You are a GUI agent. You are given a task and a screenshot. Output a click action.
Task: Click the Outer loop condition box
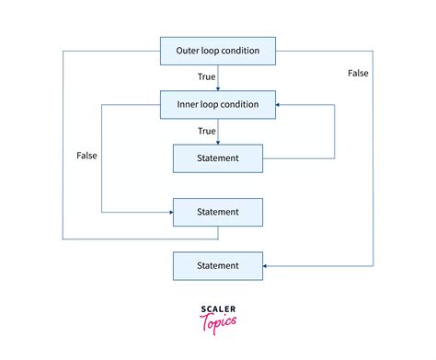click(x=218, y=51)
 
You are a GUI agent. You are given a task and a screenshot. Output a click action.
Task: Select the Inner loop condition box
click(x=218, y=104)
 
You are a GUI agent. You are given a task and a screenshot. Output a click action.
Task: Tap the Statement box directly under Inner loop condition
click(x=218, y=158)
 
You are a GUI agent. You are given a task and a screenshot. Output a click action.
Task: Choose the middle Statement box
click(x=218, y=212)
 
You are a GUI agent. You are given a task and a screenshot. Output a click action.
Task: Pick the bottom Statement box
click(x=218, y=266)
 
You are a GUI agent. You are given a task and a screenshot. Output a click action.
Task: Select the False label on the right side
click(x=360, y=72)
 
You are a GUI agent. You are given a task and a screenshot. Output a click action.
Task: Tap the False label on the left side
click(x=86, y=156)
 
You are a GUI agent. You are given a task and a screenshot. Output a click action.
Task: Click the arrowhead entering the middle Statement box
click(x=169, y=212)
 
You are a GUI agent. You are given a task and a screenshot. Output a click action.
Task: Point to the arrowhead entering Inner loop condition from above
click(x=218, y=88)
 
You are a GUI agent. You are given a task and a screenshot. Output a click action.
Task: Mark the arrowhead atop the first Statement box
click(x=218, y=142)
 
